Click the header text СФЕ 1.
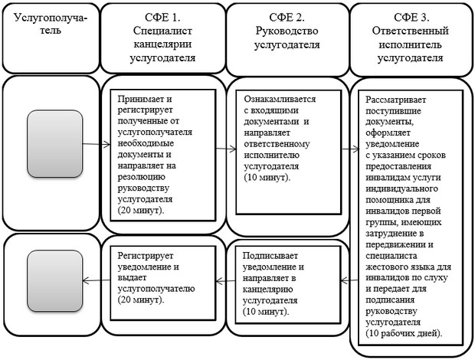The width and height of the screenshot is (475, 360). tap(162, 18)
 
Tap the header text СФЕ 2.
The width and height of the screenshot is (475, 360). tap(287, 18)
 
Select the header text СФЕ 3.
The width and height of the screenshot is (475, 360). tap(411, 18)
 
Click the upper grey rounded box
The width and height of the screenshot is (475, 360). tap(55, 143)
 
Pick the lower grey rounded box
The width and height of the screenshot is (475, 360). tap(55, 280)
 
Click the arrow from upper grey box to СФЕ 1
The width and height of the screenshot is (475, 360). tap(97, 145)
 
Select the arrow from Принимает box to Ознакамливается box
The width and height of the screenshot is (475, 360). tap(226, 149)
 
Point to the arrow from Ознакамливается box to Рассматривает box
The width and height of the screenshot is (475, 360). tap(350, 149)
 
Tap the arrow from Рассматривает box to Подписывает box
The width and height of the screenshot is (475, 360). tap(349, 280)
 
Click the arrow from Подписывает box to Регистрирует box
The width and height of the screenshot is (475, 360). tap(225, 281)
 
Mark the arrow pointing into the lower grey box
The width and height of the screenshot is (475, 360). tap(97, 281)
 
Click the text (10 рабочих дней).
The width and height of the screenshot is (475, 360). tap(404, 333)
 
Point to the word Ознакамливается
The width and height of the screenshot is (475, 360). tap(280, 99)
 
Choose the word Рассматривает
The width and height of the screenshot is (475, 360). tap(395, 100)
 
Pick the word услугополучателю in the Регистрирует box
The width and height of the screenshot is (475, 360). tap(156, 289)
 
